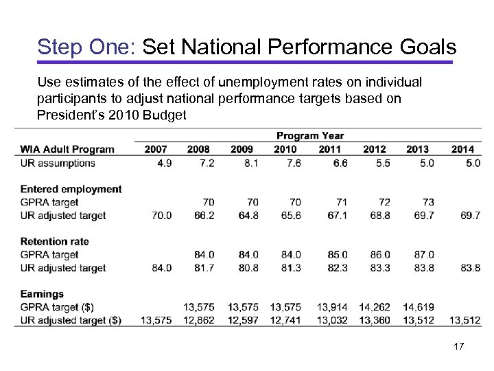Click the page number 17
(459, 347)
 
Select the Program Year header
(310, 135)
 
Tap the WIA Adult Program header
(67, 149)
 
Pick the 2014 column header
(462, 149)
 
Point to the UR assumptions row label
(58, 163)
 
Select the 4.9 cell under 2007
(163, 163)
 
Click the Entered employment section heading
(71, 189)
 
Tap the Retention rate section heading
(54, 241)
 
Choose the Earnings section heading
(42, 293)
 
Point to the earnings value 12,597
(243, 319)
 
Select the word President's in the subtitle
(68, 115)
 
